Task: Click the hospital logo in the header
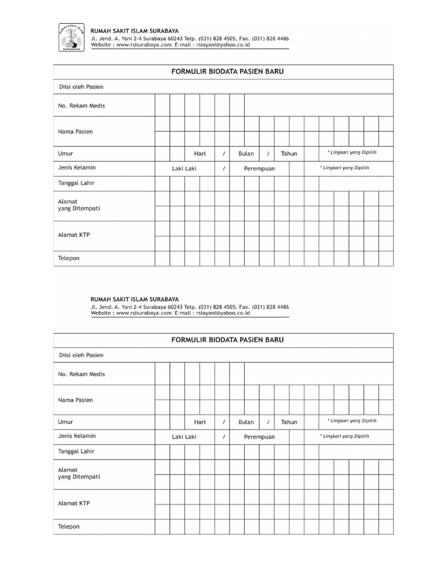point(71,38)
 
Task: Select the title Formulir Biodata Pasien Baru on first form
point(223,72)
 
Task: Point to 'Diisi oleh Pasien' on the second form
point(81,355)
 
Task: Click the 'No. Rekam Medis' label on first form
point(81,106)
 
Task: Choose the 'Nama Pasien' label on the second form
point(76,400)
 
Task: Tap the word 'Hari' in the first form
point(200,154)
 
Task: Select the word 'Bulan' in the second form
point(246,422)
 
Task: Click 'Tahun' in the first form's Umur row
point(289,154)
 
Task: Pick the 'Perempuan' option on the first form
point(259,168)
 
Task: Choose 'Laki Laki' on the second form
point(184,436)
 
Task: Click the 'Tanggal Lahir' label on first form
point(77,183)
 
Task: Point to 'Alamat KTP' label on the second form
point(74,503)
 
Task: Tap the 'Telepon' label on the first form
point(69,258)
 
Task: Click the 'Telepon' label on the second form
point(69,526)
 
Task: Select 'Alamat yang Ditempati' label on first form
point(79,205)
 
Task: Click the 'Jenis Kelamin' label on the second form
point(77,436)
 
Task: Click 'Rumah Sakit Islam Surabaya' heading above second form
point(135,299)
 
